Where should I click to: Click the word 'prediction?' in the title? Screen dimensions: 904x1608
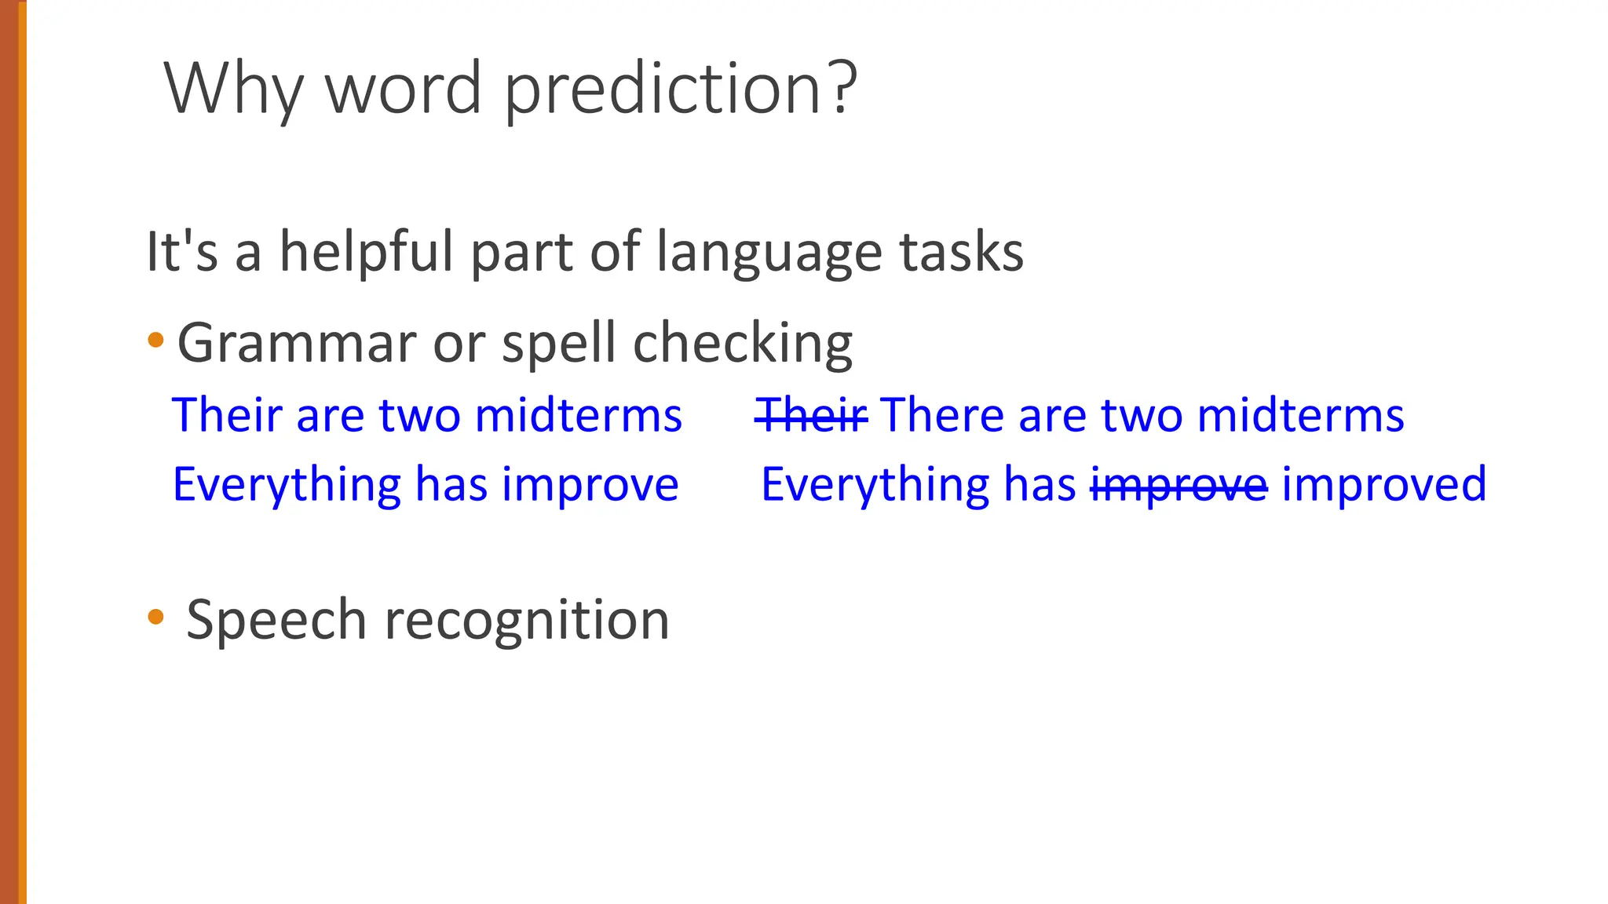[680, 88]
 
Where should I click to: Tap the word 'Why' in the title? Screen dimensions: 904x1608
[233, 88]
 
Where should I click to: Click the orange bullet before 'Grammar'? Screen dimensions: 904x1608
[155, 341]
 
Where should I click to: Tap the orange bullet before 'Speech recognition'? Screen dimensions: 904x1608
[155, 617]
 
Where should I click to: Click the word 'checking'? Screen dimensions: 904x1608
[743, 344]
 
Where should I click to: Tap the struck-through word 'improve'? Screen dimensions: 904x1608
[1179, 484]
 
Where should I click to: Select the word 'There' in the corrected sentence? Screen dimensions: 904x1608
[941, 414]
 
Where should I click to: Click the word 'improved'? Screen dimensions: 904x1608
[1384, 484]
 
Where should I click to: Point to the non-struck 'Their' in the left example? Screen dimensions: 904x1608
[227, 414]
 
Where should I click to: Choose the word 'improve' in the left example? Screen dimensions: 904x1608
[590, 484]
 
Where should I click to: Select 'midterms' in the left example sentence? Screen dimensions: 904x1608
[579, 414]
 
